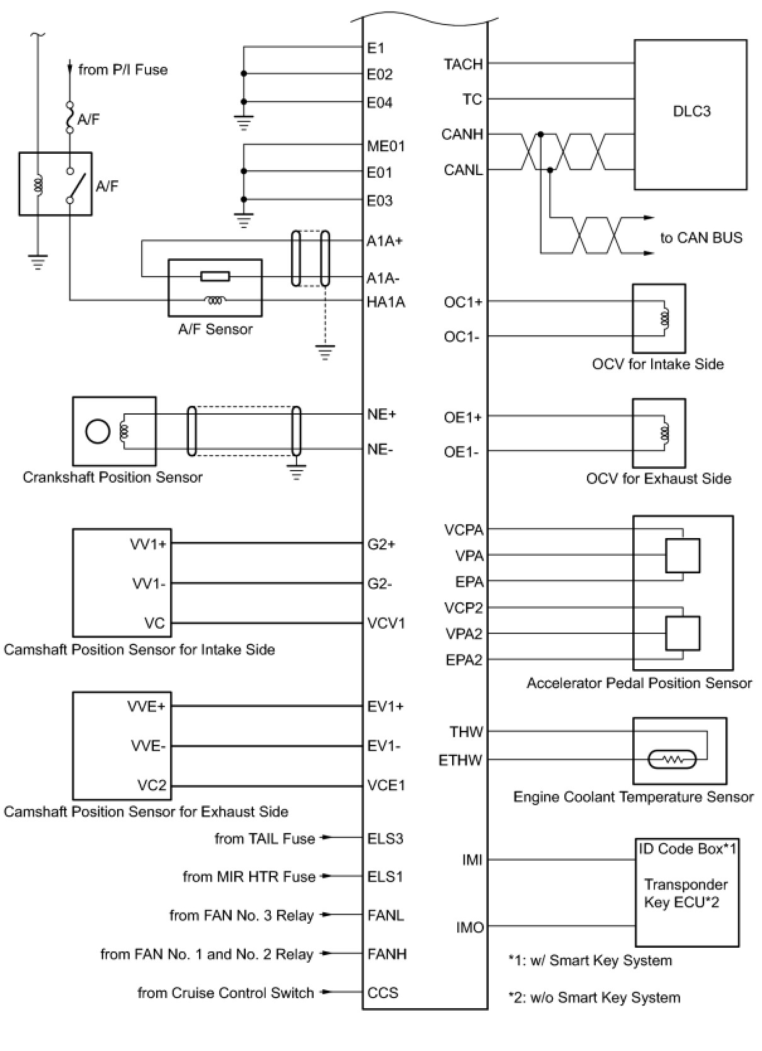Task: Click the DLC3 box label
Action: click(691, 111)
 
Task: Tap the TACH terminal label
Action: click(463, 64)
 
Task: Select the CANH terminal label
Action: click(462, 134)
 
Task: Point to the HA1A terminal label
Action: click(386, 302)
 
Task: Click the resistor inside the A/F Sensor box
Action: click(215, 277)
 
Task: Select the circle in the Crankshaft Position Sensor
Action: click(98, 431)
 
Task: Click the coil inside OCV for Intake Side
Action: click(664, 319)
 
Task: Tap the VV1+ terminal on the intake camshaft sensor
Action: click(148, 544)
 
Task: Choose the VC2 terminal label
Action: click(152, 785)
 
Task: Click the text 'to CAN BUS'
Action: click(701, 238)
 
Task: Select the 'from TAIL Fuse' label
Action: click(265, 839)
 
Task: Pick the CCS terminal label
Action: click(383, 992)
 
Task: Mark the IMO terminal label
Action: click(469, 928)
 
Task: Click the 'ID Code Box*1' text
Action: click(687, 848)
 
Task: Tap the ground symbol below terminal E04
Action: click(243, 122)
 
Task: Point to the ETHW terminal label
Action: click(460, 760)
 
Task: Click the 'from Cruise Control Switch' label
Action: click(225, 992)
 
